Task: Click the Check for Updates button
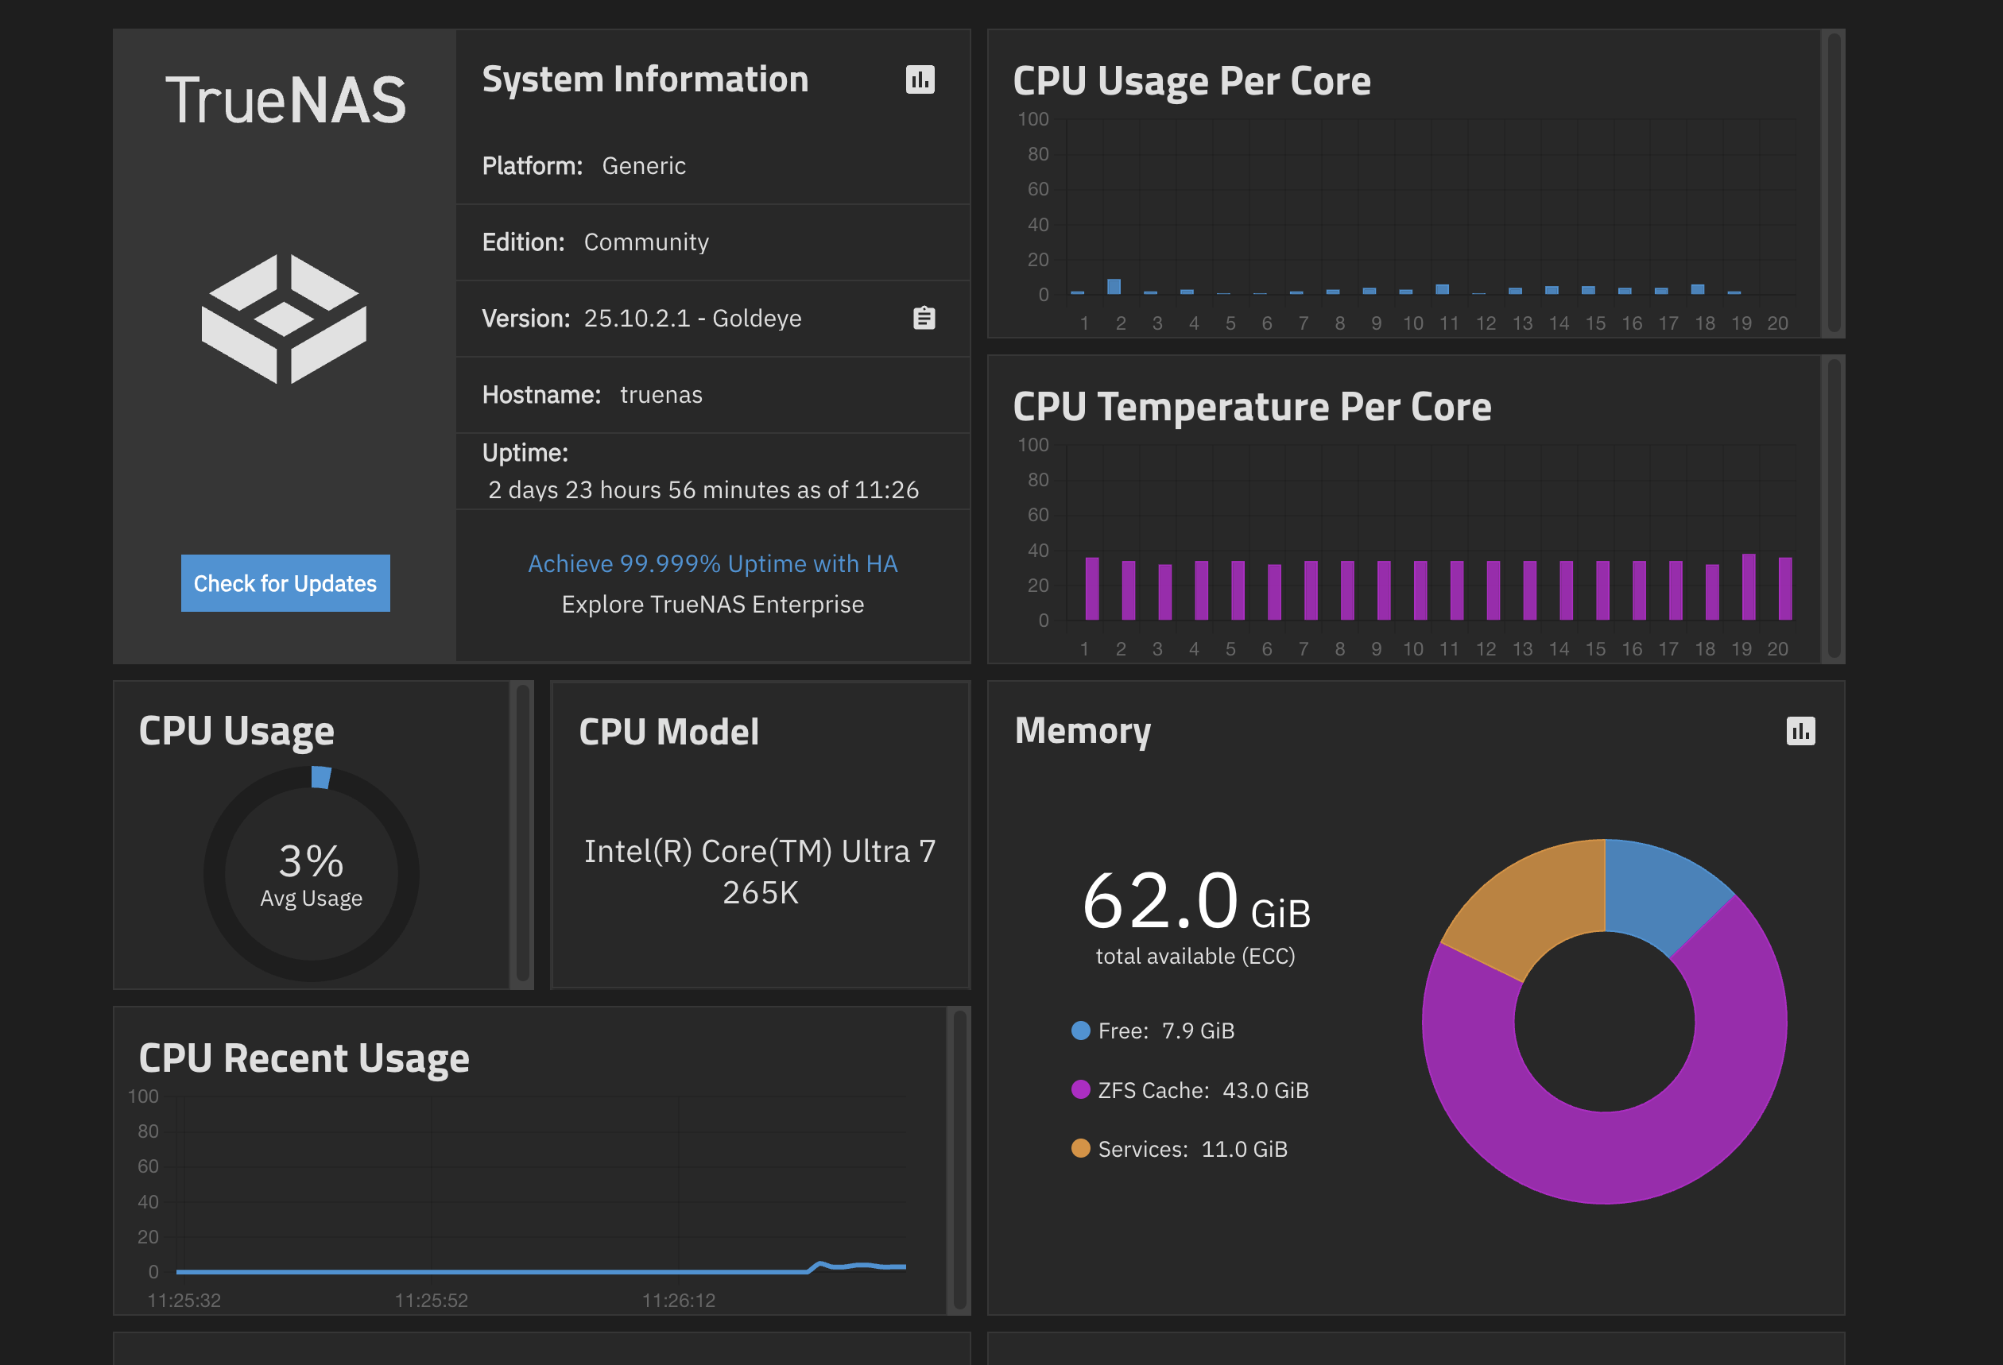pyautogui.click(x=285, y=583)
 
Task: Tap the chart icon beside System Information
pyautogui.click(x=920, y=80)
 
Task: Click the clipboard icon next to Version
pyautogui.click(x=924, y=318)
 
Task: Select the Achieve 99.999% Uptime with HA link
pyautogui.click(x=712, y=563)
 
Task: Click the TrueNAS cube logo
pyautogui.click(x=284, y=319)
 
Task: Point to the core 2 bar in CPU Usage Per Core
pyautogui.click(x=1114, y=287)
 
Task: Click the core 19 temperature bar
pyautogui.click(x=1748, y=587)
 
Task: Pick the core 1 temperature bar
pyautogui.click(x=1092, y=589)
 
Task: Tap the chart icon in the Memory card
pyautogui.click(x=1800, y=731)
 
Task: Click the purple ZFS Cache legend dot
pyautogui.click(x=1080, y=1090)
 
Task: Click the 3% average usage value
pyautogui.click(x=311, y=861)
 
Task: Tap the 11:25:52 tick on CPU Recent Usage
pyautogui.click(x=431, y=1301)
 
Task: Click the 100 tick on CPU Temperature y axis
pyautogui.click(x=1033, y=446)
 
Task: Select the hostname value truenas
pyautogui.click(x=661, y=395)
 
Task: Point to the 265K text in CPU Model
pyautogui.click(x=760, y=893)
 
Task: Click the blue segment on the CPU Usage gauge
pyautogui.click(x=320, y=777)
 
